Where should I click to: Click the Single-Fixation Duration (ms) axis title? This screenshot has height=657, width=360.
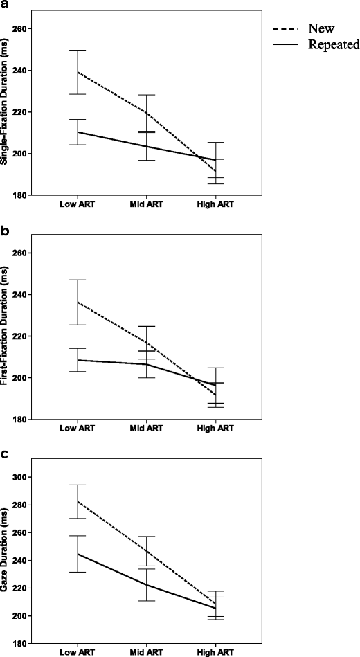[6, 111]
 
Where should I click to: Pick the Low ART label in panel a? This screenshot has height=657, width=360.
[77, 206]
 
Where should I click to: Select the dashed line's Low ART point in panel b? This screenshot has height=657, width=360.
[77, 302]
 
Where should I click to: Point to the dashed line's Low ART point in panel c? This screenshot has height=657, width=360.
[77, 501]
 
